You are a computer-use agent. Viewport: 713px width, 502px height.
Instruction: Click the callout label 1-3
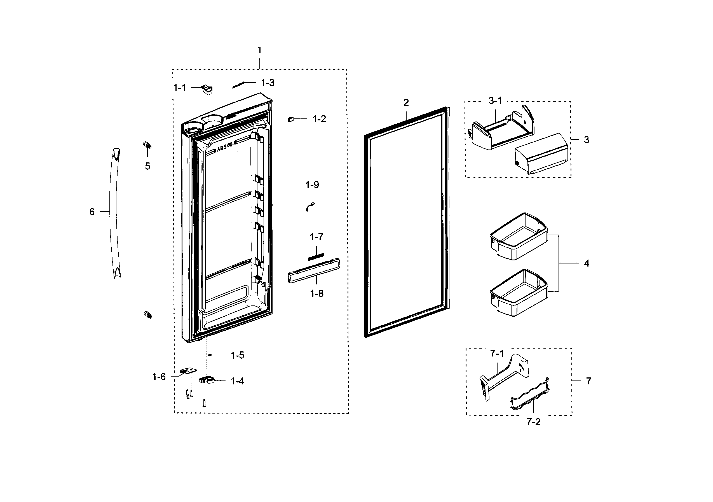point(268,83)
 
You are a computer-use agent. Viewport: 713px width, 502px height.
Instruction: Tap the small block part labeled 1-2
point(290,119)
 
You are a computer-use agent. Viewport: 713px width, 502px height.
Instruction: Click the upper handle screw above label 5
point(147,145)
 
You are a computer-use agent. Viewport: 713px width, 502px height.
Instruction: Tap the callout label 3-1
point(495,101)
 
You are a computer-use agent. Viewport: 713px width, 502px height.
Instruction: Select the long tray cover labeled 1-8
point(314,270)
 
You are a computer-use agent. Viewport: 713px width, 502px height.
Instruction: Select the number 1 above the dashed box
point(259,50)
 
